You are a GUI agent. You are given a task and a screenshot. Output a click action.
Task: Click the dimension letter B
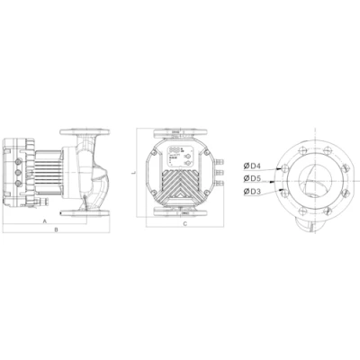[x=56, y=230]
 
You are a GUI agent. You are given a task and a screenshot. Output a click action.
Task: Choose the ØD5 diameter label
[x=254, y=177]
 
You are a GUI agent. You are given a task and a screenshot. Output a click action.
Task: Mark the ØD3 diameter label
[x=254, y=192]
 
